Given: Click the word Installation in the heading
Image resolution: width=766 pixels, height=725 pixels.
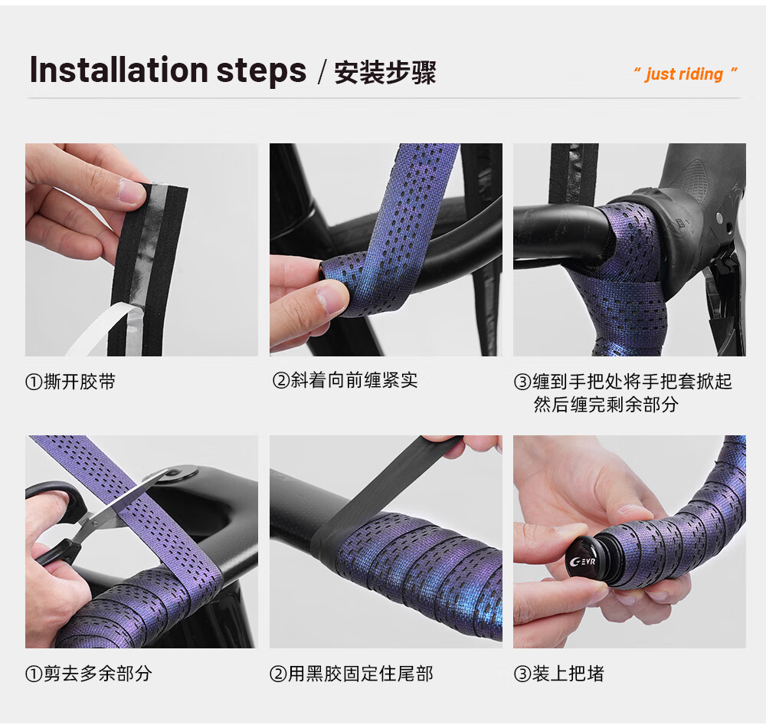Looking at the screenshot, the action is tap(119, 70).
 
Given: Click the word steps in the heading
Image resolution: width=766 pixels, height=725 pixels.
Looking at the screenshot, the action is tap(261, 72).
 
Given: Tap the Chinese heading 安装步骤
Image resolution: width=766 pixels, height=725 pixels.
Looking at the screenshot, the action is tap(385, 73).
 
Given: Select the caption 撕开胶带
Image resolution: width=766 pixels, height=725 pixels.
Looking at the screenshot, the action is tap(79, 382).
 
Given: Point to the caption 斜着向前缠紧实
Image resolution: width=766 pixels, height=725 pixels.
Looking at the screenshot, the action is tap(354, 380).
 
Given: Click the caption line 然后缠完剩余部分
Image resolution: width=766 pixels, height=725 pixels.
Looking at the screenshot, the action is tap(606, 405).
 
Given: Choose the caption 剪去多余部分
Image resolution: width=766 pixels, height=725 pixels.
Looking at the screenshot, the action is tap(98, 673).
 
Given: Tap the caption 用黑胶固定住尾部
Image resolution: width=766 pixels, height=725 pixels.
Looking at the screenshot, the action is tap(361, 673).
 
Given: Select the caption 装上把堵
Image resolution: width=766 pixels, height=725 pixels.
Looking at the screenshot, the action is tap(568, 673).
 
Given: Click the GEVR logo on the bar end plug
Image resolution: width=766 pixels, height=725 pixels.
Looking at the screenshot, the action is tap(582, 561).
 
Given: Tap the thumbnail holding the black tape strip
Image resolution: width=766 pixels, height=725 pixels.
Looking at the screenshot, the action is tap(131, 192).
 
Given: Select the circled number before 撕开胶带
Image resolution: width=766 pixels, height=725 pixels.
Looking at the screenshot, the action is tap(34, 382).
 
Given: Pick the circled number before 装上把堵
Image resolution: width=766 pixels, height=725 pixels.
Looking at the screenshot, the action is tap(522, 674).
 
